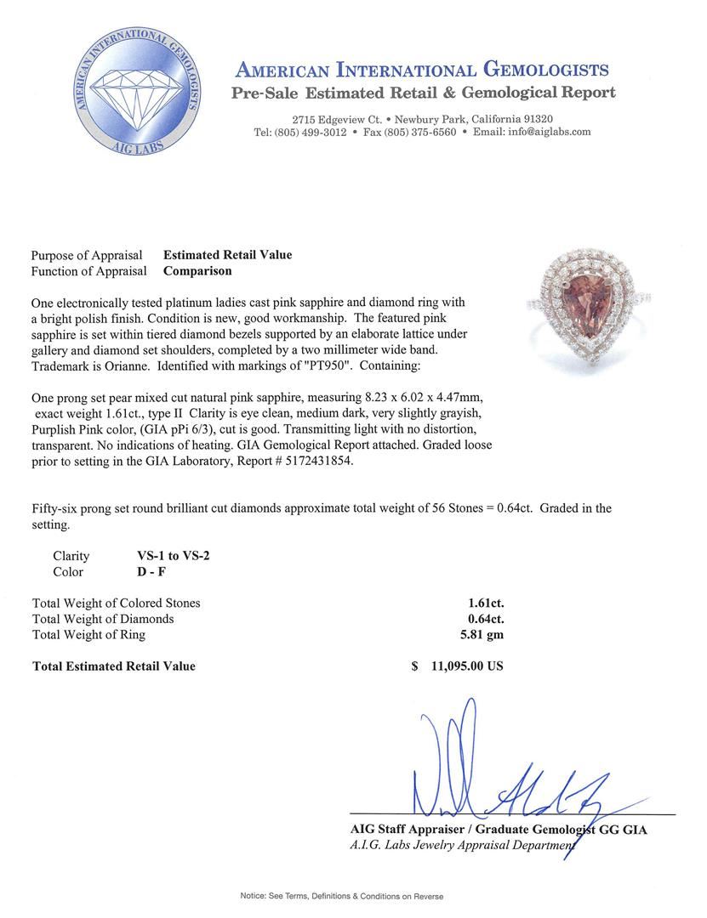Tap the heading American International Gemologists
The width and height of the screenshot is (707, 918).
point(421,70)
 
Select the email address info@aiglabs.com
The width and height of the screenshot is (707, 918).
point(545,133)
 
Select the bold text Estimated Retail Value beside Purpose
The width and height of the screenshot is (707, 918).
point(227,255)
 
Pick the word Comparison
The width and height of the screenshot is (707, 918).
point(197,271)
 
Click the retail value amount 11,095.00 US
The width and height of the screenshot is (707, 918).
point(467,666)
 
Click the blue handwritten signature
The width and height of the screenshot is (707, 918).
point(502,769)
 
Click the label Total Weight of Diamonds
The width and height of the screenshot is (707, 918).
point(103,619)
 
